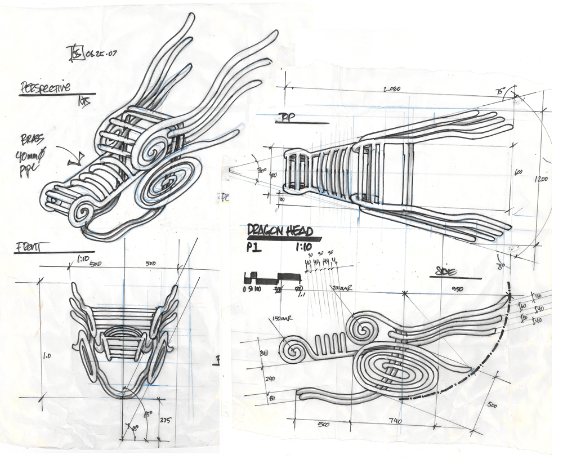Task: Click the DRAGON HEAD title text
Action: [x=280, y=230]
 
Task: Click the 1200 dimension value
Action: [x=542, y=179]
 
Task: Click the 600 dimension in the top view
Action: [x=517, y=172]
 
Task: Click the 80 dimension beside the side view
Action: [x=271, y=398]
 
